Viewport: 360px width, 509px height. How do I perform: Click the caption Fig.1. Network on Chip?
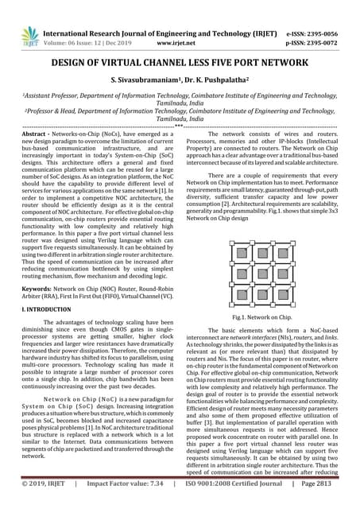click(x=269, y=317)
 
